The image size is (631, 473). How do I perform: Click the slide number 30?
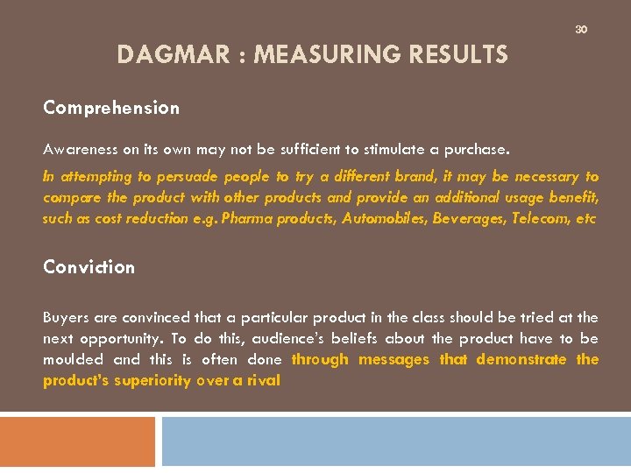point(580,29)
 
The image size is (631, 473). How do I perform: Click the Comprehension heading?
point(111,109)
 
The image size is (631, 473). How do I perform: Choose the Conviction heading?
point(89,267)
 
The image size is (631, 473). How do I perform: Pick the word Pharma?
point(247,219)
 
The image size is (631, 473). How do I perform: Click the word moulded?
point(73,359)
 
